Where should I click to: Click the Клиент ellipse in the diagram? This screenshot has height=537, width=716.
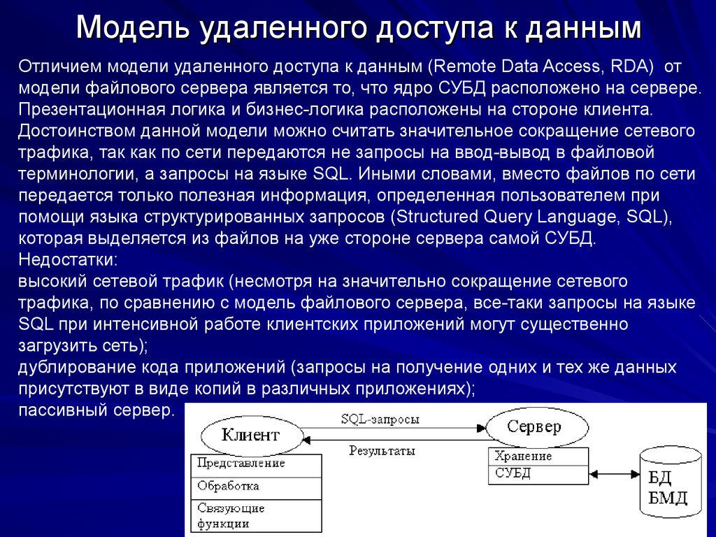pos(250,435)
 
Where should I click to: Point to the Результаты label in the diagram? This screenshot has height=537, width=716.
pos(382,451)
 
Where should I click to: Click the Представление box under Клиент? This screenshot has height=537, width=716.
pos(256,464)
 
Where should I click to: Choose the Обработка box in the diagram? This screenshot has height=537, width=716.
pos(256,486)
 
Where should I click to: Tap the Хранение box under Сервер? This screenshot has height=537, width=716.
pos(538,457)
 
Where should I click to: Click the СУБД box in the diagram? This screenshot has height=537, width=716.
pos(538,474)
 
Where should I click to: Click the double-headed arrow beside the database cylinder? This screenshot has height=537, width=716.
pos(615,474)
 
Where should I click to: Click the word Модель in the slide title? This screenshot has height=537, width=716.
pos(132,28)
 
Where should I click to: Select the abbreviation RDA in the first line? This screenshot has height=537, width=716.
pos(627,66)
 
